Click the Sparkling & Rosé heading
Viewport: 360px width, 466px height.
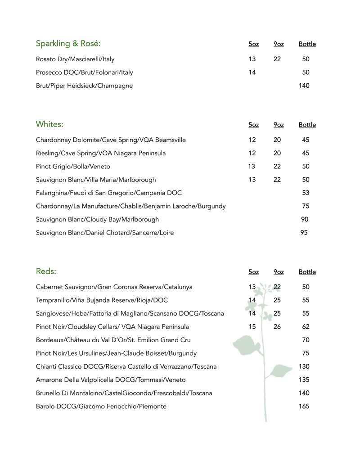click(x=68, y=44)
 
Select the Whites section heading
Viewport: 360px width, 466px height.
click(x=49, y=124)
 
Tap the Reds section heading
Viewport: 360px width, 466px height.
click(x=46, y=271)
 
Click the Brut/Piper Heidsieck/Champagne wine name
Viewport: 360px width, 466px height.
click(x=84, y=86)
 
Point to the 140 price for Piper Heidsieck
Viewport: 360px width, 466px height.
click(x=304, y=86)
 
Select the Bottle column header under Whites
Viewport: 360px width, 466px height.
click(x=307, y=125)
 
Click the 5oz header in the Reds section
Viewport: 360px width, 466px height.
click(x=254, y=272)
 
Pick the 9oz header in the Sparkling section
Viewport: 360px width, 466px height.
click(x=279, y=44)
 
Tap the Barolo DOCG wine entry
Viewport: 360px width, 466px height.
click(x=101, y=406)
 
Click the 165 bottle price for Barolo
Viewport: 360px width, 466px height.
click(x=304, y=406)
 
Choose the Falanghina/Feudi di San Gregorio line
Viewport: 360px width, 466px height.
click(x=109, y=193)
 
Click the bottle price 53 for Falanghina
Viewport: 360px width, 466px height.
click(x=306, y=193)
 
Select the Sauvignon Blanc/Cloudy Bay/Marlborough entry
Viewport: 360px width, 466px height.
click(x=97, y=219)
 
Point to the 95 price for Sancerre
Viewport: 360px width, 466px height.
click(x=304, y=233)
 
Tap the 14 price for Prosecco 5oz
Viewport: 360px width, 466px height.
click(x=252, y=72)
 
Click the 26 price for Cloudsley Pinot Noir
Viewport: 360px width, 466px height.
click(x=277, y=326)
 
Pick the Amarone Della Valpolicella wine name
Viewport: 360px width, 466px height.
click(x=111, y=380)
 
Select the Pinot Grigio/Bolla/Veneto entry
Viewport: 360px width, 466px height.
click(x=73, y=166)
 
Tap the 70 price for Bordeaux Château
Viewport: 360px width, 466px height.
click(x=306, y=340)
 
